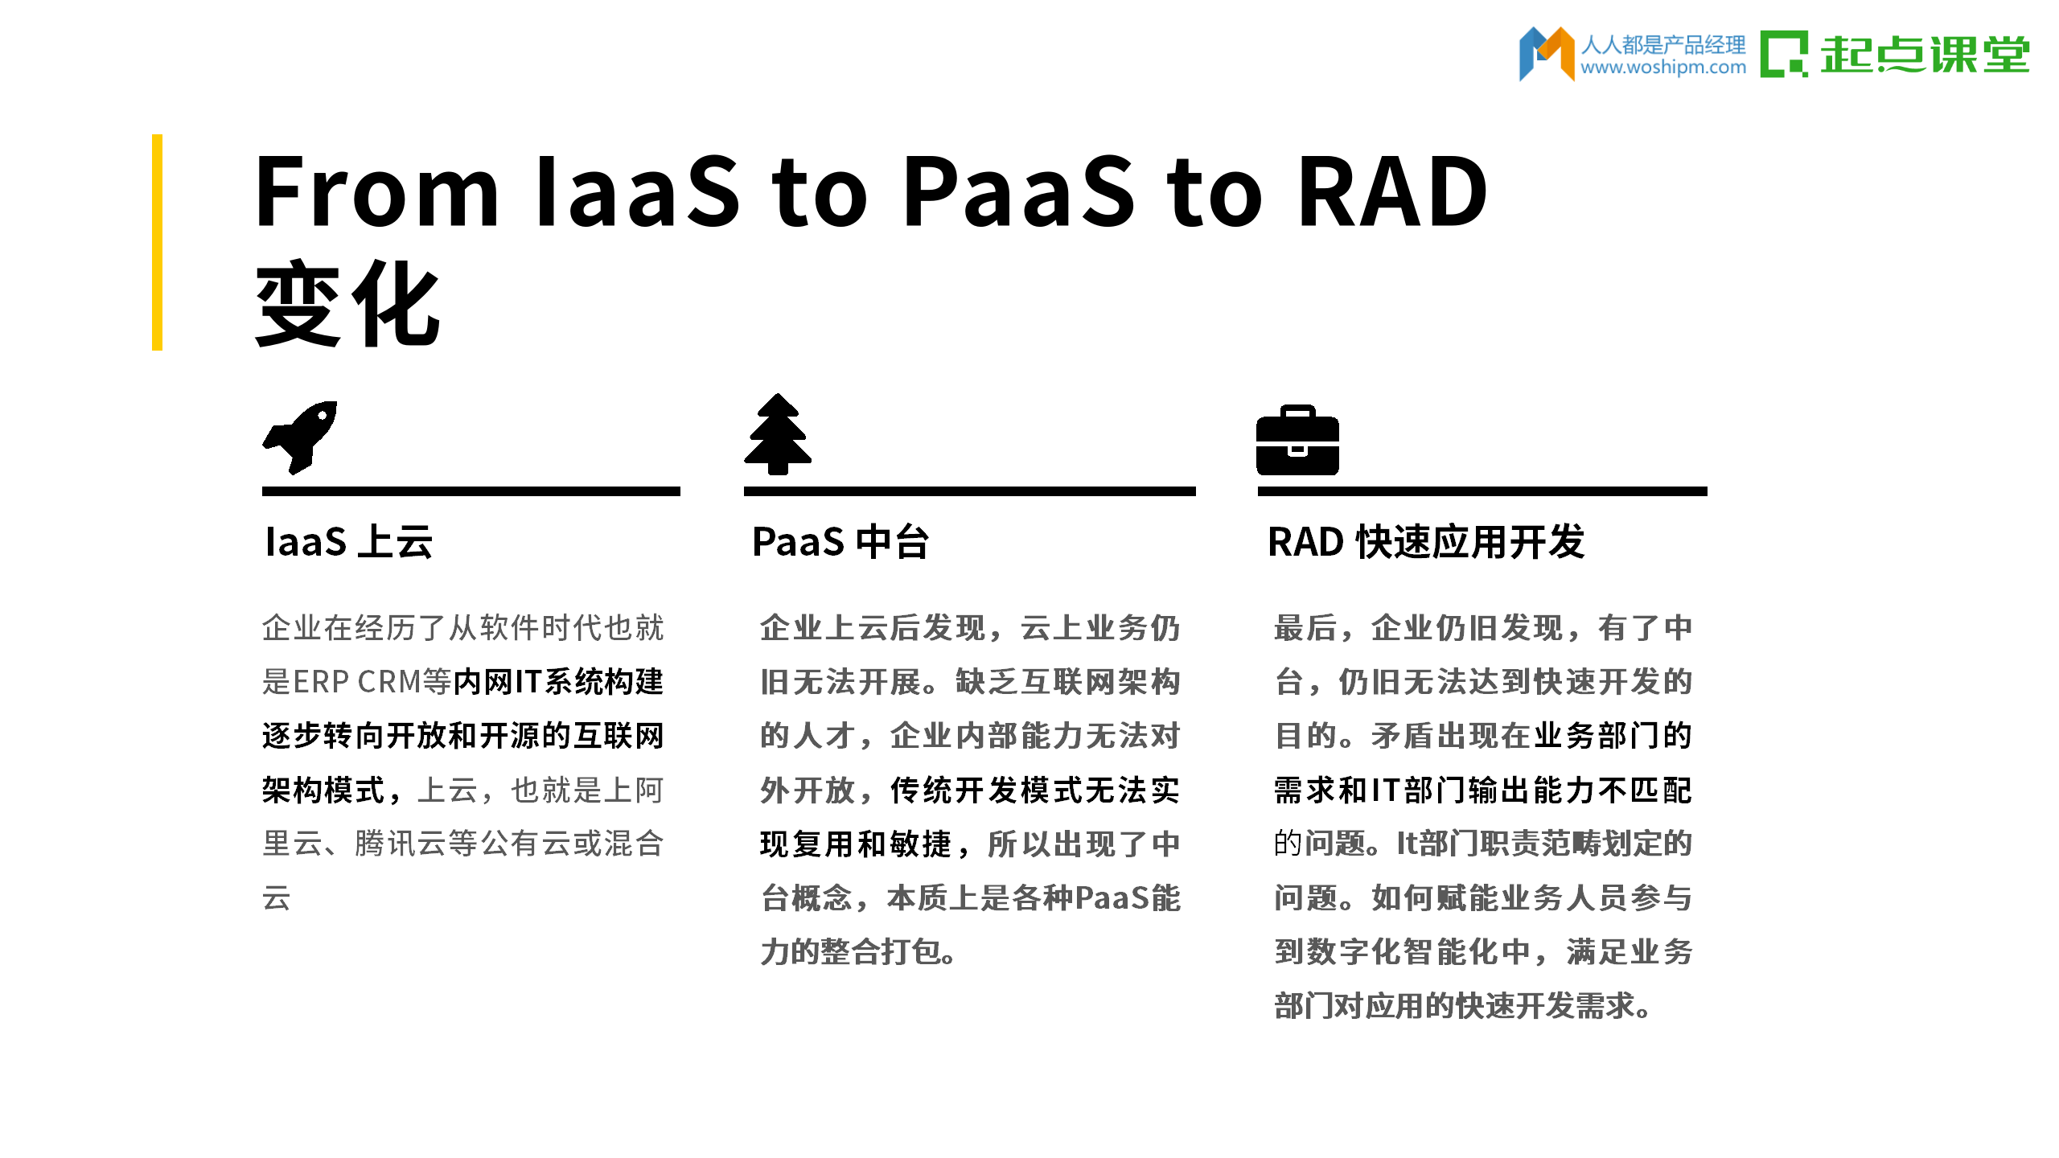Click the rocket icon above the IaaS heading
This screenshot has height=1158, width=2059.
point(299,437)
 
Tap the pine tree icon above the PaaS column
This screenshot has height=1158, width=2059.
point(778,434)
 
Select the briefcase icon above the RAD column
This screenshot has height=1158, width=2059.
point(1297,440)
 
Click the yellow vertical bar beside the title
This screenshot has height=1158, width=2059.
point(157,242)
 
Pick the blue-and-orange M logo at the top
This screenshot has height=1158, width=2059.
point(1546,54)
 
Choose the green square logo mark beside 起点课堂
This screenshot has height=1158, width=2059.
point(1783,54)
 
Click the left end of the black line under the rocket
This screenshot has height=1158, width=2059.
point(263,491)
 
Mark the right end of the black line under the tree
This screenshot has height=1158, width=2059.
point(1195,491)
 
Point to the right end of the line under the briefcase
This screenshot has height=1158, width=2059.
point(1707,491)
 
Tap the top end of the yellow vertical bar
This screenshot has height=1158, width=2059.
point(157,135)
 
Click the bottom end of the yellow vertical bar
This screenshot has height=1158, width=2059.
point(157,350)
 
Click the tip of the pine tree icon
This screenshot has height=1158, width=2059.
point(778,394)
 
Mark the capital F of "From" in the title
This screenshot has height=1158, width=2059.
point(278,191)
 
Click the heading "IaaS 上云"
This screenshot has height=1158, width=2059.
point(349,541)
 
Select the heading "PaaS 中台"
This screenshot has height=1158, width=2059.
point(840,541)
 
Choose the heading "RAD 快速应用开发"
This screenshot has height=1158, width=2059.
point(1426,541)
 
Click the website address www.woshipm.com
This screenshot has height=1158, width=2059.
point(1663,68)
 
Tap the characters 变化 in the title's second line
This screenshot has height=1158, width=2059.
point(347,304)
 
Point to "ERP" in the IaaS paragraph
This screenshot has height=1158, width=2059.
point(321,682)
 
